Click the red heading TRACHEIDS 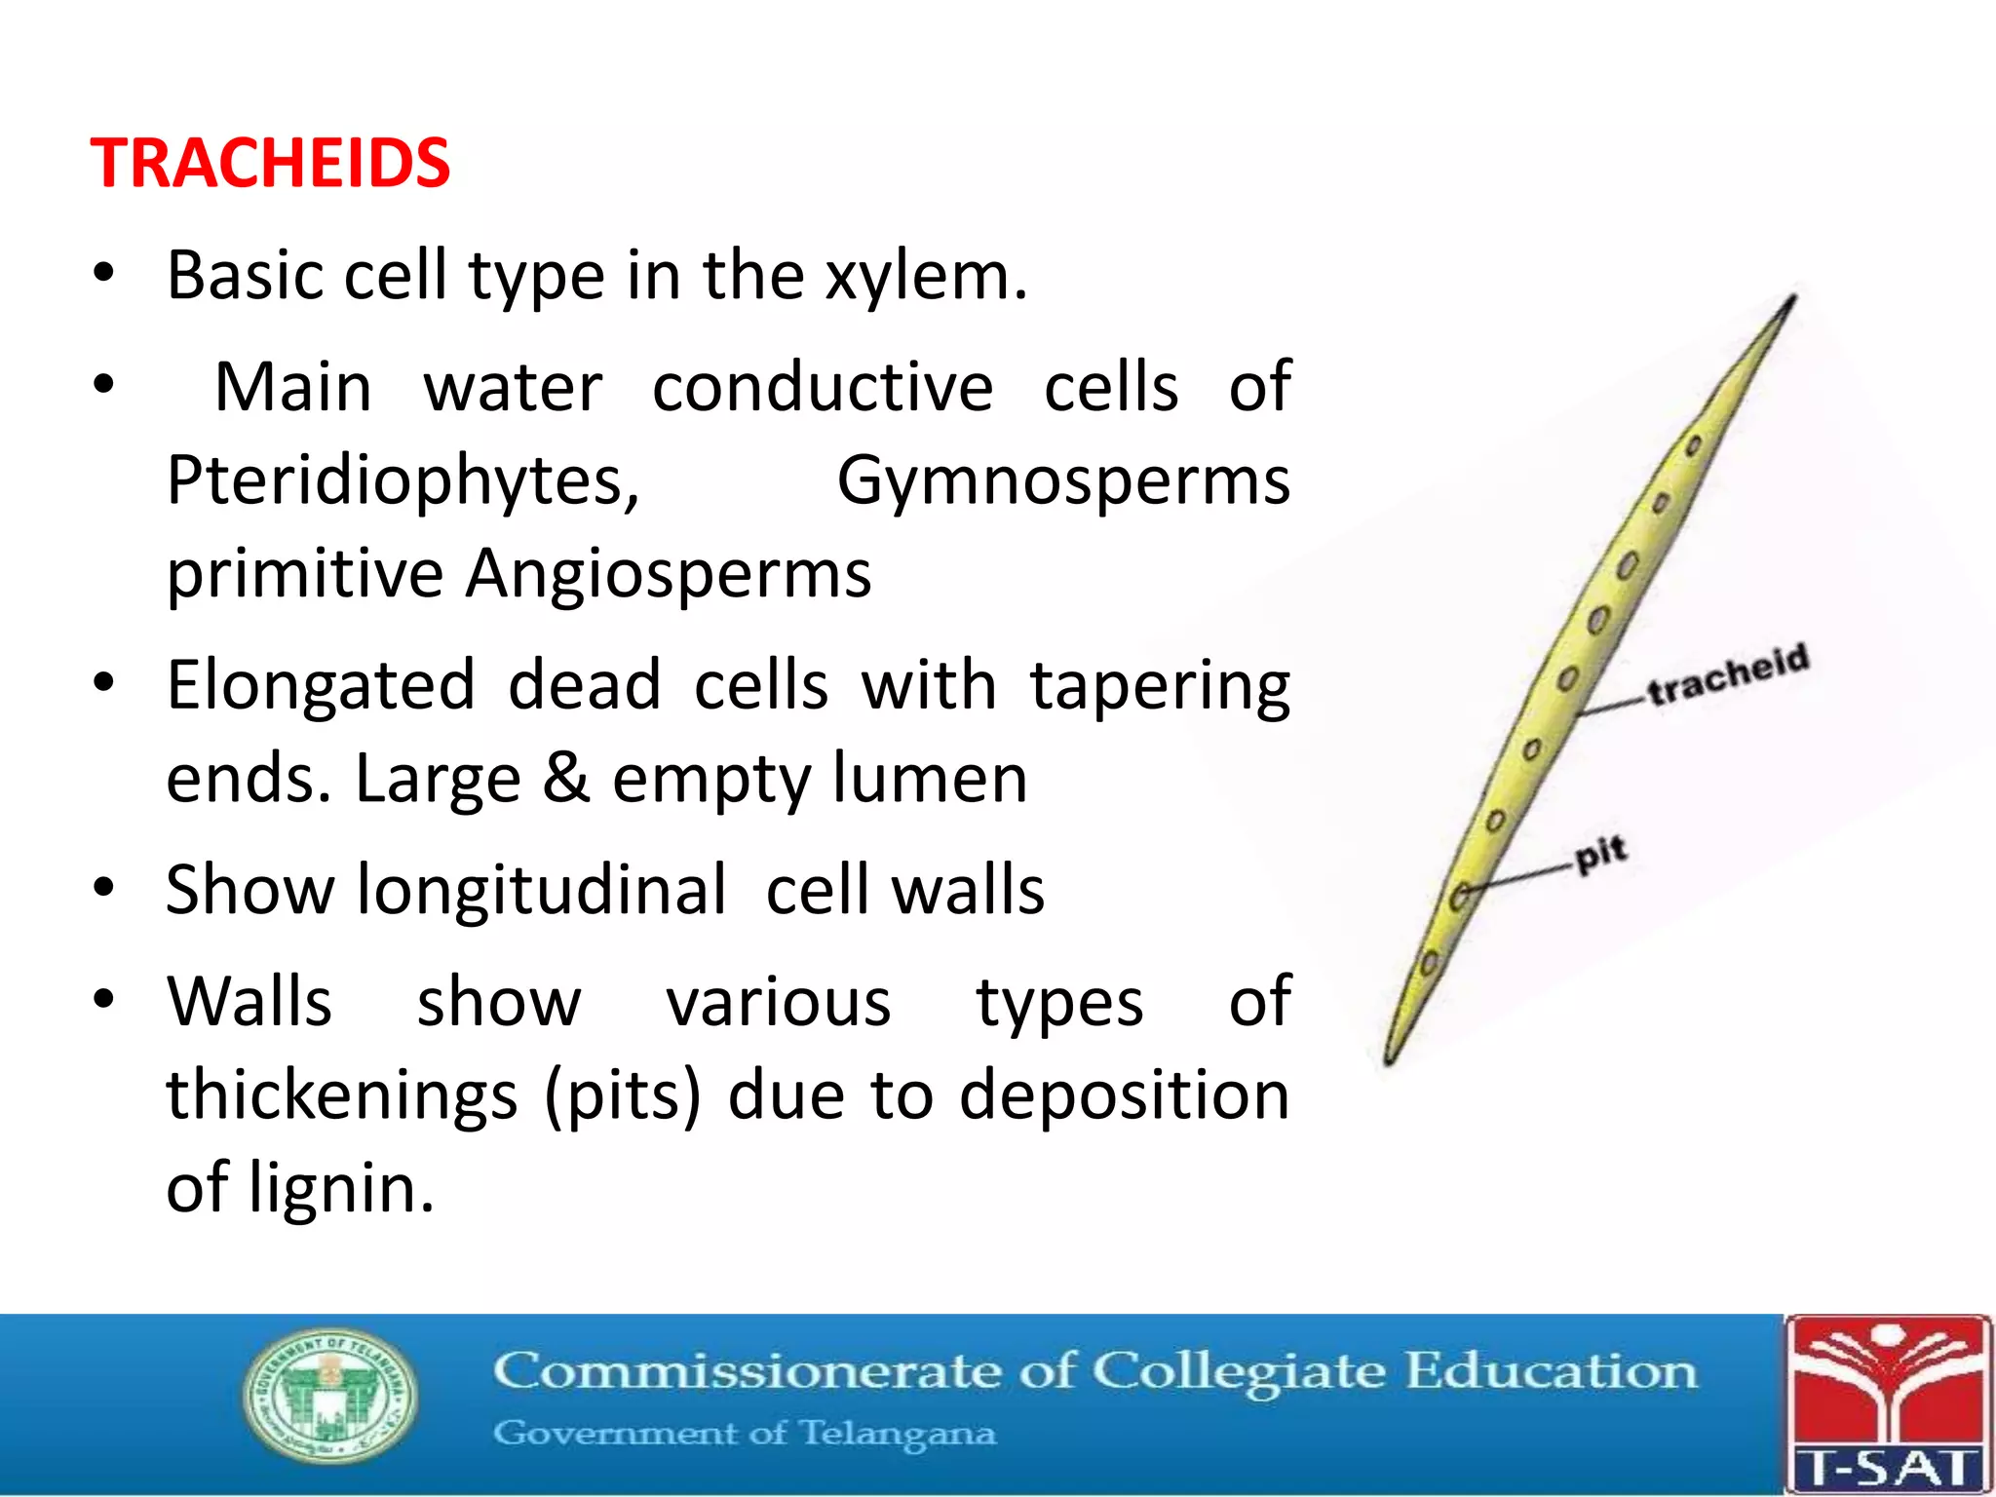tap(270, 163)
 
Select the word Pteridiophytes tap(403, 480)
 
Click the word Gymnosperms tap(1063, 480)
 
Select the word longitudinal tap(542, 890)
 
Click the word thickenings tap(341, 1095)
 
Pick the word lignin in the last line tap(340, 1188)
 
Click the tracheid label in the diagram tap(1728, 674)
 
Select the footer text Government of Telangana tap(745, 1434)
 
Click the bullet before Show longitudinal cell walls tap(104, 888)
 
